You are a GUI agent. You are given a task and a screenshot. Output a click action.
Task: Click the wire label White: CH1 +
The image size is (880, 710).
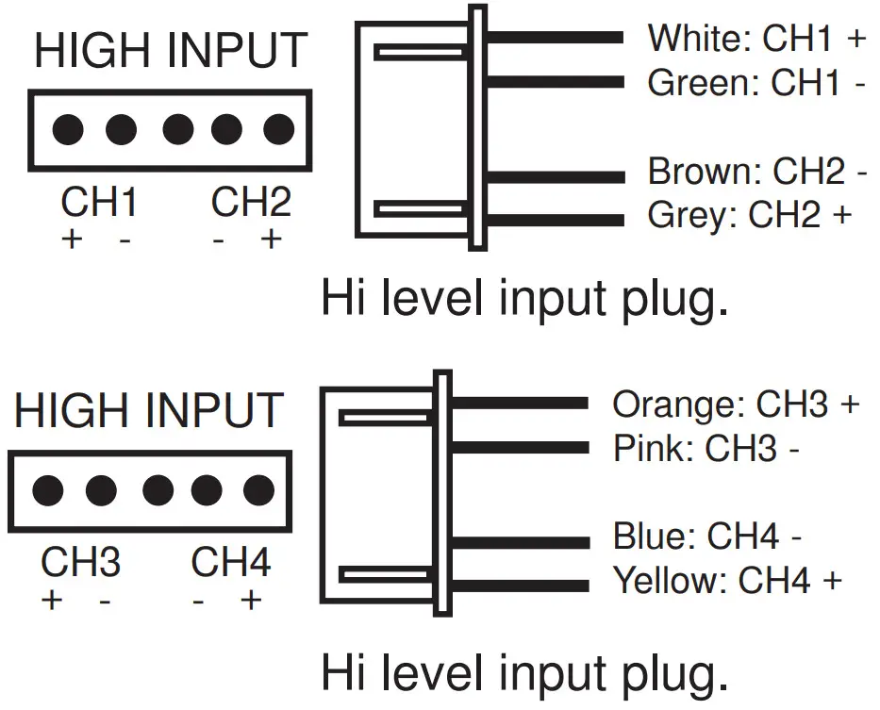(x=755, y=39)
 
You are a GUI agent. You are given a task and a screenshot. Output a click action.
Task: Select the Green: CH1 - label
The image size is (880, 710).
(x=755, y=83)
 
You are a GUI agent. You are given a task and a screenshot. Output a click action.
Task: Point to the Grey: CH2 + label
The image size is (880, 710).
(x=749, y=216)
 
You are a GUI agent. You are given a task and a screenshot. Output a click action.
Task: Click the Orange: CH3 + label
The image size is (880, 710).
(x=736, y=405)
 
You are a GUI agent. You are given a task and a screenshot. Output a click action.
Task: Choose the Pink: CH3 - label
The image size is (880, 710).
(x=706, y=448)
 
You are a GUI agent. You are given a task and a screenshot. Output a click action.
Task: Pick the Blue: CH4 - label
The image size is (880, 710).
(x=706, y=537)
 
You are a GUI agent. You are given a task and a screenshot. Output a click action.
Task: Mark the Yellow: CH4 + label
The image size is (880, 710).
(x=726, y=580)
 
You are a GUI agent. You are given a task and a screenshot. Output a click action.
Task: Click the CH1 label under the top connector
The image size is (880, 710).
(x=99, y=203)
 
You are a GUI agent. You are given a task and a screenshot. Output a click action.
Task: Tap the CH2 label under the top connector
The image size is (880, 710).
(x=250, y=203)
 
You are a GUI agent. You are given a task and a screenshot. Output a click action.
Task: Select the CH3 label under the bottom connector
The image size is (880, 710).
(x=80, y=563)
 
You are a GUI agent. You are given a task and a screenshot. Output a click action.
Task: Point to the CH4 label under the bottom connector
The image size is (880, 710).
(x=230, y=563)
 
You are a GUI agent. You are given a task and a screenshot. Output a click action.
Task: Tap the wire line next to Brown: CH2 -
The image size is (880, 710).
(x=556, y=175)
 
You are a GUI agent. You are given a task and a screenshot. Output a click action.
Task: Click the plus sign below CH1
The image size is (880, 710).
(x=72, y=239)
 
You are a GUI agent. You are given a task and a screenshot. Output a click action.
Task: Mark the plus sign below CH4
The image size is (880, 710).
(x=250, y=600)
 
